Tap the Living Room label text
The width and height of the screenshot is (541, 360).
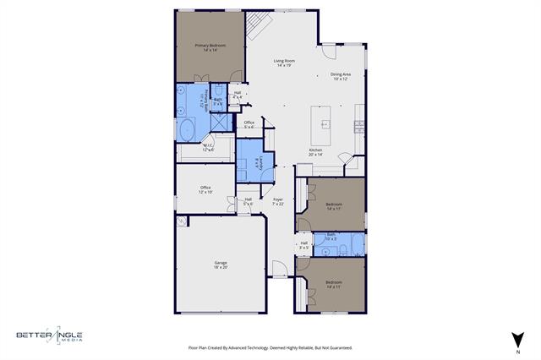[283, 63]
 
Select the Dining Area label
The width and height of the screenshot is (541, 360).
[342, 76]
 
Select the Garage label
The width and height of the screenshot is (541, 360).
[220, 265]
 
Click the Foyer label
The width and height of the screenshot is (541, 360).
[277, 201]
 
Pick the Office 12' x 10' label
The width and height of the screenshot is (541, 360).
[205, 189]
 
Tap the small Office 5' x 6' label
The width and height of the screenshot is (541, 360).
[249, 124]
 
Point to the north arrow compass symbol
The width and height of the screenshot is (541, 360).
[516, 338]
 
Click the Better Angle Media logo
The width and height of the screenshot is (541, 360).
[49, 335]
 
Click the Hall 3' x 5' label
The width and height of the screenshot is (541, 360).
[303, 245]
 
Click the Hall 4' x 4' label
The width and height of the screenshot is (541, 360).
[238, 95]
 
